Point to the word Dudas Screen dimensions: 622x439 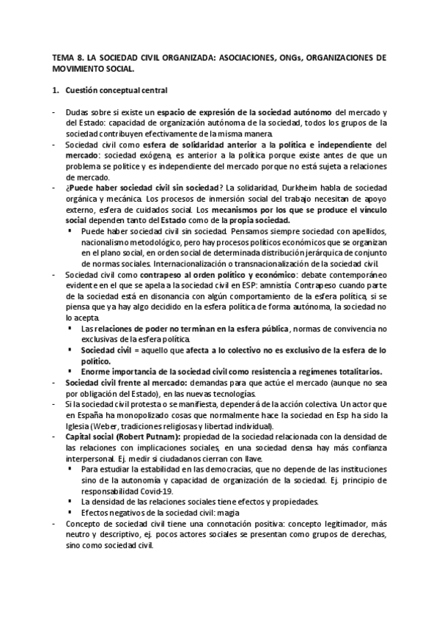77,111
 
